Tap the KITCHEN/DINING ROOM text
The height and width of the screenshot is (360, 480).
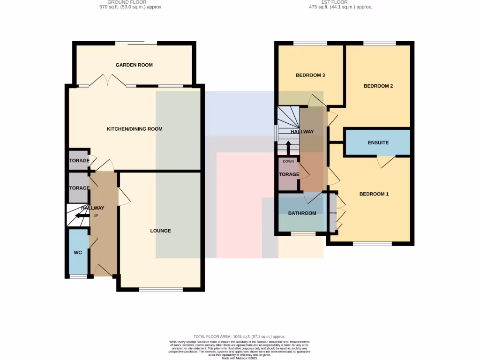(x=135, y=129)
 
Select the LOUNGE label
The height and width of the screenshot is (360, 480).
(x=160, y=231)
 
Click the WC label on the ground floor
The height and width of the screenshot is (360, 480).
(x=78, y=253)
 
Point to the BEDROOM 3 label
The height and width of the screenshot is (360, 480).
(x=310, y=75)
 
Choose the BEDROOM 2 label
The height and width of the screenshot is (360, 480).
(x=378, y=86)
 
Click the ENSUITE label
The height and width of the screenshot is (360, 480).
(x=378, y=142)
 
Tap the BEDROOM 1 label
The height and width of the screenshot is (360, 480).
(x=374, y=194)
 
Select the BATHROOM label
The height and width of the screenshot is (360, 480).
(x=302, y=213)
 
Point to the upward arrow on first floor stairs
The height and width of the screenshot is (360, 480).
(x=288, y=147)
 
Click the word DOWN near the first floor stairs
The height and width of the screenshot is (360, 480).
(x=288, y=161)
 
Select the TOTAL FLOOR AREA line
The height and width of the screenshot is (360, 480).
(x=240, y=337)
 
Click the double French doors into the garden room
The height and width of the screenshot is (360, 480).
(x=108, y=81)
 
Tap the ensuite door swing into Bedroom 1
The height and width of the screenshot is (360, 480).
(x=386, y=161)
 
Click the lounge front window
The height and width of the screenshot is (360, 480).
(x=161, y=290)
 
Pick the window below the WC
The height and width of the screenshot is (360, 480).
(x=78, y=277)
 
